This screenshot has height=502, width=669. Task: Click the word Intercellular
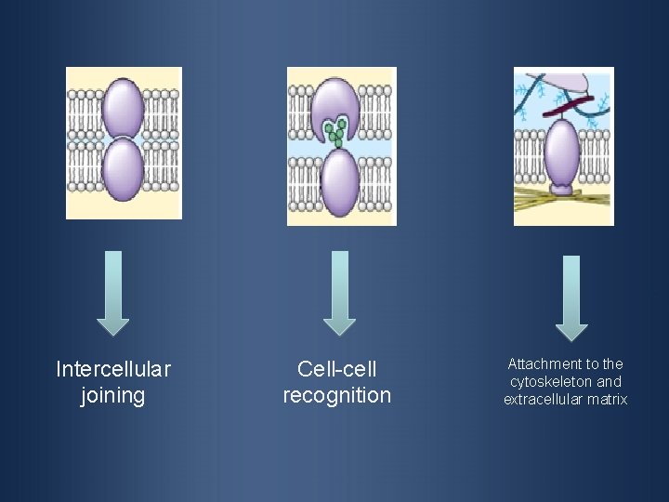point(113,370)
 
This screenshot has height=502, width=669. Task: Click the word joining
point(113,396)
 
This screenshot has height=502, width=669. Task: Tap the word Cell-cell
point(337,370)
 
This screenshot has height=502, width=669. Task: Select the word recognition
point(337,396)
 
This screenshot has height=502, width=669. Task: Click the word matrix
point(607,400)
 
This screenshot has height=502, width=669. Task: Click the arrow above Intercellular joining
point(113,292)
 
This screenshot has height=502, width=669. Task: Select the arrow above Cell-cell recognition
point(339,292)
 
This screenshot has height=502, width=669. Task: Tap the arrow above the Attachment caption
point(571,297)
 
